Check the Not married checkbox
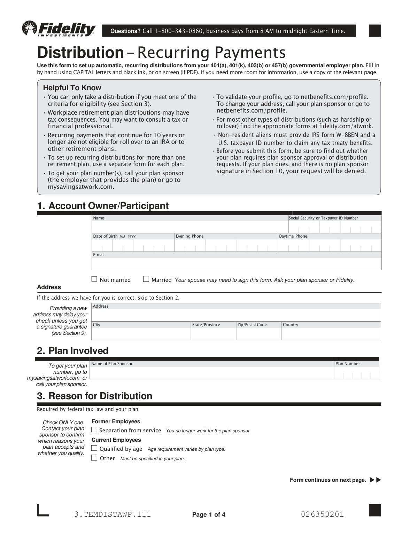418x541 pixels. (94, 279)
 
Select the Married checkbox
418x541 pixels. (146, 279)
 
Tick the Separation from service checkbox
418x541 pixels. (94, 430)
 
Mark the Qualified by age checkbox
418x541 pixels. (94, 448)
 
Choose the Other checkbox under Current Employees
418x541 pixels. (94, 458)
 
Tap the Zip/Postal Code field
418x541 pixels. (258, 334)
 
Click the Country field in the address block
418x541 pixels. (331, 334)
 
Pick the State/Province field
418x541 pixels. (213, 334)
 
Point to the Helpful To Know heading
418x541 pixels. (72, 88)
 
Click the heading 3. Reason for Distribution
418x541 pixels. (95, 396)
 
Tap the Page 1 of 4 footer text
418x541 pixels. (209, 515)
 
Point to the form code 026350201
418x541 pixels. (322, 514)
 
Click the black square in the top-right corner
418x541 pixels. (375, 31)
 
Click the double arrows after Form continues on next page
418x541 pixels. (376, 480)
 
